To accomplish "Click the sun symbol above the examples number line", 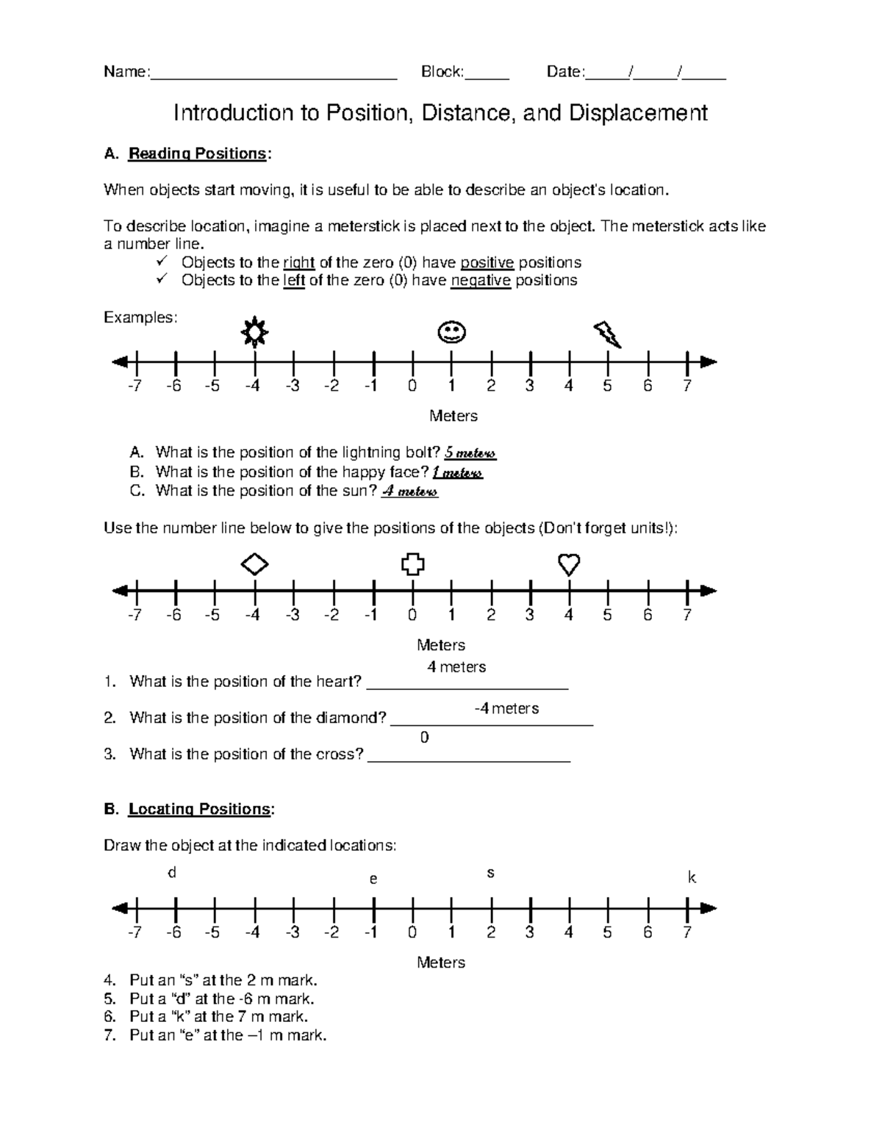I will click(x=254, y=333).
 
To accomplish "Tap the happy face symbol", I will click(x=451, y=333).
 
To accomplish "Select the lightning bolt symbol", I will click(x=608, y=334).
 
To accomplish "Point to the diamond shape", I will click(x=254, y=564).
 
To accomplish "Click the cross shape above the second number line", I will click(x=413, y=564).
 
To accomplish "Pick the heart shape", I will click(x=569, y=564).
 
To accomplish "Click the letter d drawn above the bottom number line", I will click(x=173, y=873).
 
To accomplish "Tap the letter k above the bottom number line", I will click(x=691, y=877).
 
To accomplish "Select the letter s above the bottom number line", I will click(x=490, y=874).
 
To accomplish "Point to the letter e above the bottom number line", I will click(x=373, y=879).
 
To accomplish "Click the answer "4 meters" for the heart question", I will click(x=456, y=667).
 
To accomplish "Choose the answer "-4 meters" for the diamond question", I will click(x=506, y=708).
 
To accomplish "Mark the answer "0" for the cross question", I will click(x=424, y=738).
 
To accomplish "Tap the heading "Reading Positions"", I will click(x=197, y=154).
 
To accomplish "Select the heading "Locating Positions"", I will click(x=199, y=809).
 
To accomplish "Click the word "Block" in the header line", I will click(x=441, y=72).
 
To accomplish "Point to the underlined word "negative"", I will click(x=481, y=281).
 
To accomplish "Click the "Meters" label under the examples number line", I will click(x=453, y=416).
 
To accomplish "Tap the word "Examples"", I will click(x=140, y=317).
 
